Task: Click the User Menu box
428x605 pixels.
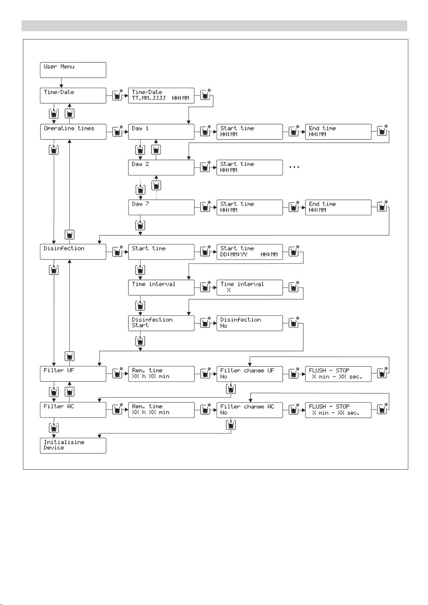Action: point(73,70)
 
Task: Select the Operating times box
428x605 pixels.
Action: point(73,131)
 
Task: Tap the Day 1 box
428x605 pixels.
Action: point(161,131)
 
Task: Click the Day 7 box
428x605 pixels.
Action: point(161,207)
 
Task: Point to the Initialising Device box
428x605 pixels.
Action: point(73,446)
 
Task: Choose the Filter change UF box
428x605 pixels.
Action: point(250,374)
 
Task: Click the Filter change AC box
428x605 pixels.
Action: point(250,410)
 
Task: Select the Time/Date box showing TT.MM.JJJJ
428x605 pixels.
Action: point(161,95)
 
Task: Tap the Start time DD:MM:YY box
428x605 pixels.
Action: point(250,252)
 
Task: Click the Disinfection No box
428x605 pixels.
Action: point(250,323)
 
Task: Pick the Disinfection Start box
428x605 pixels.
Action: point(161,323)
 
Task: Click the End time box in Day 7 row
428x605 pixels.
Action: point(338,207)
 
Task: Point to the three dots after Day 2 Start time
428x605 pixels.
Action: point(294,167)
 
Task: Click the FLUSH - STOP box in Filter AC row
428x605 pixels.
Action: point(338,410)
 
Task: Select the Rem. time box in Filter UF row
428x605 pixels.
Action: point(161,374)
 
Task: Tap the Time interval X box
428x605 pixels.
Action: point(250,287)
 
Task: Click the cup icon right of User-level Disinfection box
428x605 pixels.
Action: point(117,252)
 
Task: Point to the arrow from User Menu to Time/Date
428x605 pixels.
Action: point(61,83)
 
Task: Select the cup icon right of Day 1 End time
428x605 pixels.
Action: point(382,131)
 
